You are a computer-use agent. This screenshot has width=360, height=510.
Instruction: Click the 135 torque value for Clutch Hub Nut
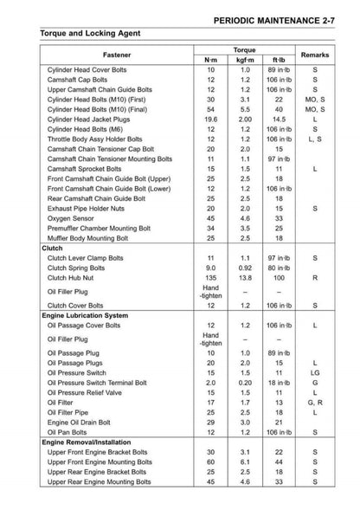211,278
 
